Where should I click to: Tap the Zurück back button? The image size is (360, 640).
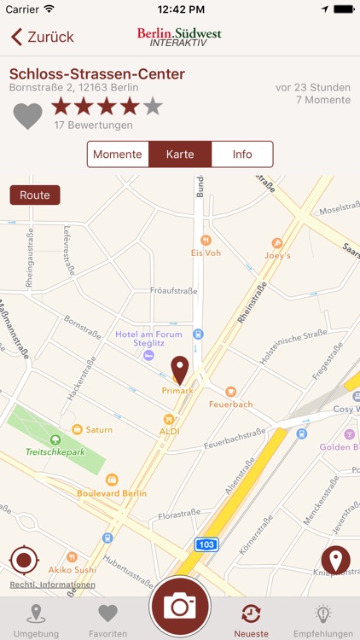click(43, 38)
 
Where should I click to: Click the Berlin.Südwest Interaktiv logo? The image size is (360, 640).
click(179, 37)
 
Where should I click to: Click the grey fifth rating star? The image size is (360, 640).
click(153, 107)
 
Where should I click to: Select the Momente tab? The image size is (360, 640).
click(118, 154)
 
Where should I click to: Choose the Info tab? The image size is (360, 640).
click(242, 154)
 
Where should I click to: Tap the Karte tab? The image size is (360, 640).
click(180, 154)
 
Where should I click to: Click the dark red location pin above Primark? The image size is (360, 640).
click(179, 369)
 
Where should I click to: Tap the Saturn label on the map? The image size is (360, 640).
click(98, 429)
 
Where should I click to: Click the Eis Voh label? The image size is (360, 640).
click(206, 253)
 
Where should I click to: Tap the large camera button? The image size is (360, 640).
click(180, 606)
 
